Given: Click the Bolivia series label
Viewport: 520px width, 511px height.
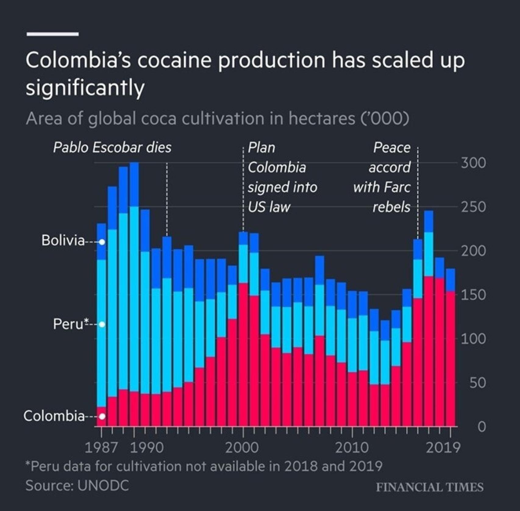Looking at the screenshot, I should point(63,241).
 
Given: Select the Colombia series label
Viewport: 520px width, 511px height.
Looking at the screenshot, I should point(54,416).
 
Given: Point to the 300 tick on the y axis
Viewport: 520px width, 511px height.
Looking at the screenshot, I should point(473,163).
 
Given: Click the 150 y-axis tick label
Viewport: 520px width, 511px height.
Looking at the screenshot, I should point(473,295).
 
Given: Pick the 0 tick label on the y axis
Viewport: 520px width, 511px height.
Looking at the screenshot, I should point(481,427).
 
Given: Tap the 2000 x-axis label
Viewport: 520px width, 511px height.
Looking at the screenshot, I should point(242,448).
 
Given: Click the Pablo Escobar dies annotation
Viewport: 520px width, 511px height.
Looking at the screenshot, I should point(112,148).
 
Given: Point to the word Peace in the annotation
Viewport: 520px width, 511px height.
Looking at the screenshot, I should point(392,148).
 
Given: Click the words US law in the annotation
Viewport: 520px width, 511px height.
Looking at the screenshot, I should point(269,207).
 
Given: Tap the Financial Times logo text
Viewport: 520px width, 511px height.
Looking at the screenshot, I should point(429,487).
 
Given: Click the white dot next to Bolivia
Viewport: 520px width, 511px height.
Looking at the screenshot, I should point(102,242).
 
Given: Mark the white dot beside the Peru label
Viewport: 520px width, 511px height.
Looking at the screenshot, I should point(102,324).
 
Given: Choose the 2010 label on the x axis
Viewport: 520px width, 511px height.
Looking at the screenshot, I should point(352,448).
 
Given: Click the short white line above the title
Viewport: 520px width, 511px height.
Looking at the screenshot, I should point(52,34).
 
